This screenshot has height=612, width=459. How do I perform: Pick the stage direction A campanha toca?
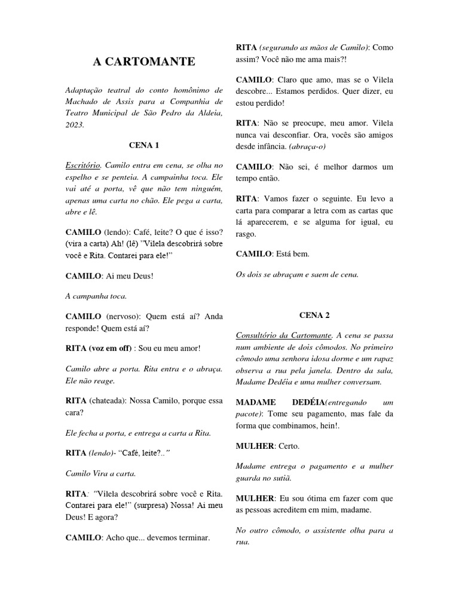coord(96,296)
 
